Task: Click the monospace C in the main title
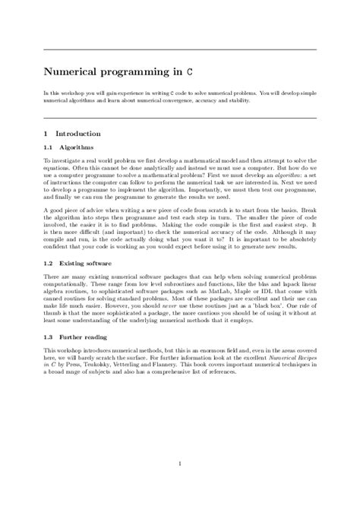(200, 72)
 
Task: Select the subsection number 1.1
(48, 149)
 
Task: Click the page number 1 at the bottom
(180, 462)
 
